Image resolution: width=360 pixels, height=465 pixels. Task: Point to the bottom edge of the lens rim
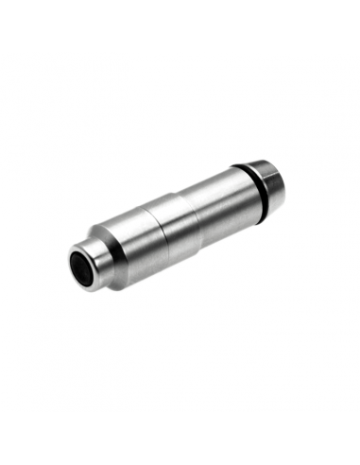[86, 288]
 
